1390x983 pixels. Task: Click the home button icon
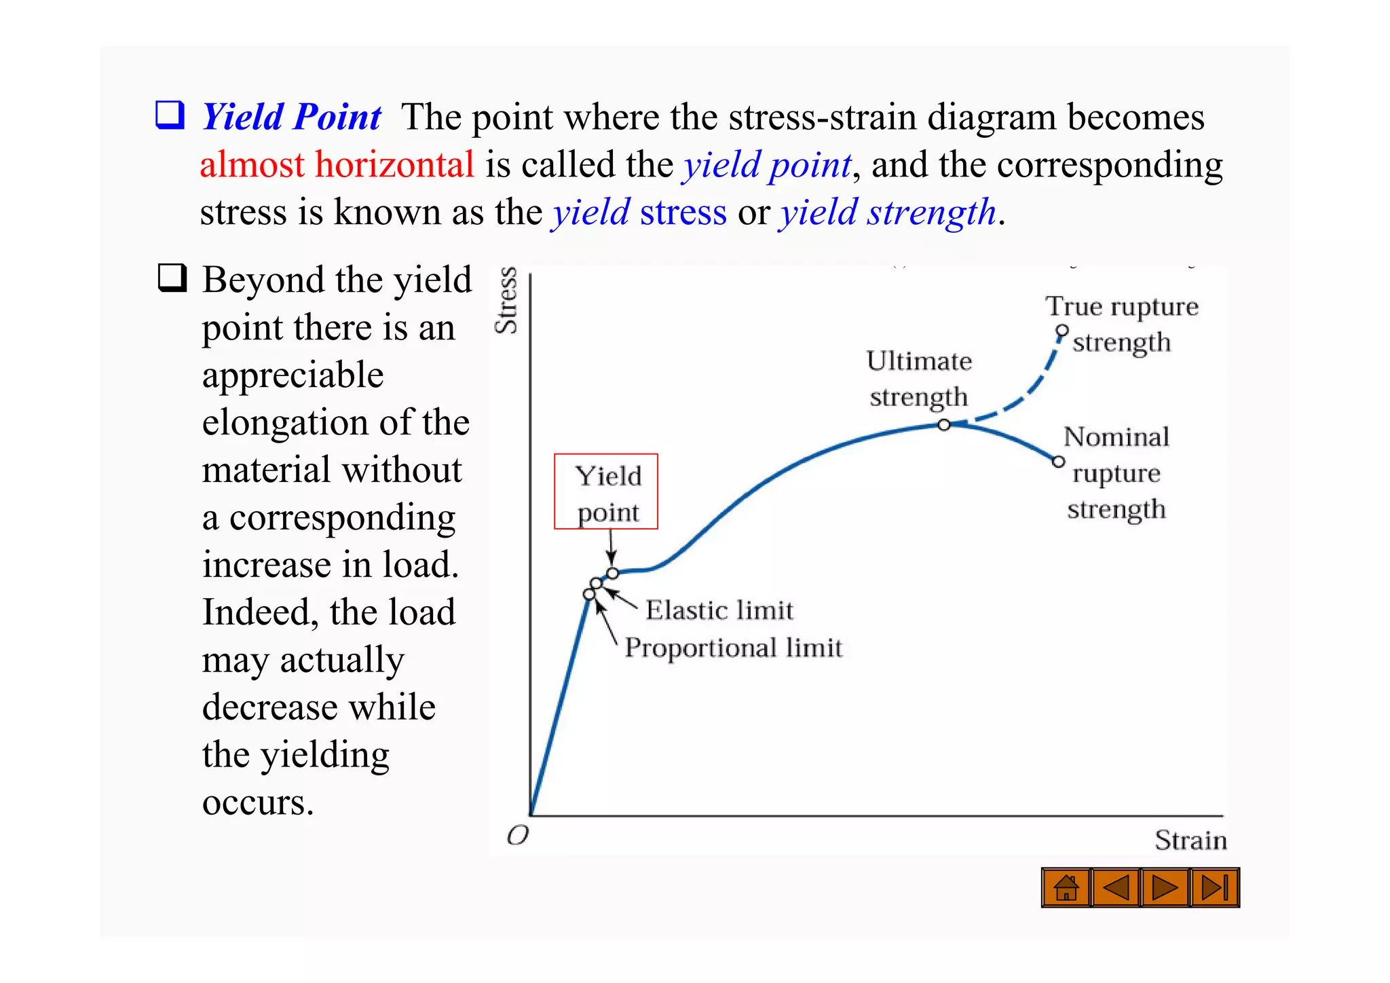pos(1066,887)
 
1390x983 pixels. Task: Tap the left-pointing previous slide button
pos(1115,887)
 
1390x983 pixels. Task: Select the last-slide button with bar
pos(1215,887)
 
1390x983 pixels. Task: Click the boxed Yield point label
pos(606,491)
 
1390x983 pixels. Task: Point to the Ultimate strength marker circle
pos(944,425)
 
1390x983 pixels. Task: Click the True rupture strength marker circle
pos(1062,331)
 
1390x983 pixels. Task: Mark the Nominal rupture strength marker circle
pos(1058,462)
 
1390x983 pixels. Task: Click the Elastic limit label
pos(719,610)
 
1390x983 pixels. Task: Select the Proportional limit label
pos(733,647)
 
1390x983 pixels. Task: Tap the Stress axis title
pos(506,300)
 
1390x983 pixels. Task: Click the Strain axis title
pos(1190,840)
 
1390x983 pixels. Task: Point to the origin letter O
pos(517,835)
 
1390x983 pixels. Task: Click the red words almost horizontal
pos(337,165)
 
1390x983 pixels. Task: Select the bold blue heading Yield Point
pos(292,117)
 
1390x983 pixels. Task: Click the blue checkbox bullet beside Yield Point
pos(170,115)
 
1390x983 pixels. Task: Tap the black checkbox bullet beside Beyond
pos(172,278)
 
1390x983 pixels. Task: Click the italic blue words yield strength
pos(888,212)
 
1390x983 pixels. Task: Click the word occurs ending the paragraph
pos(258,802)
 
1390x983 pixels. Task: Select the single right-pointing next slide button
pos(1165,887)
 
